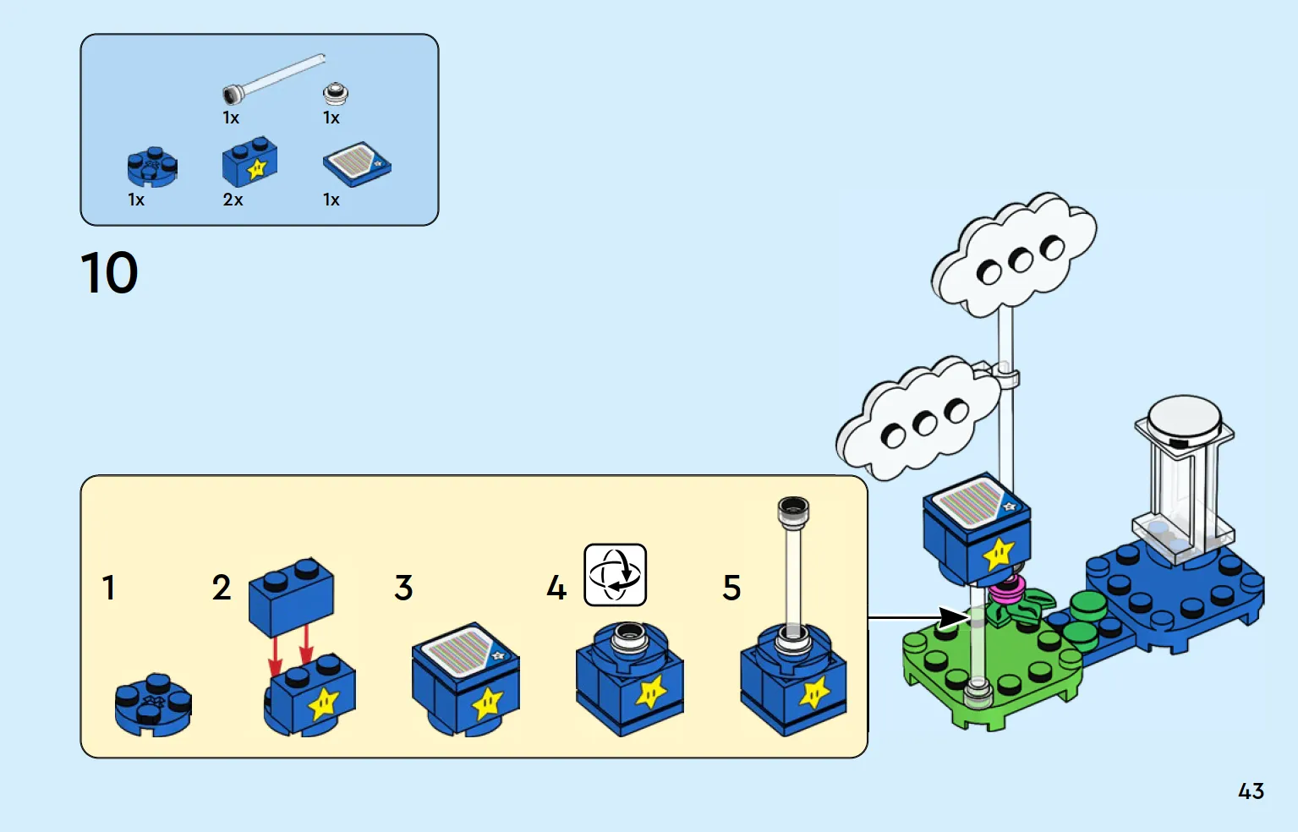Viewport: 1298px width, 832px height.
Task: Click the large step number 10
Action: (109, 272)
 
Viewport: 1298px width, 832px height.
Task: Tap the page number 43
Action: (1251, 791)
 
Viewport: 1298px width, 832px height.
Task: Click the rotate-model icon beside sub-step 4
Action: (615, 575)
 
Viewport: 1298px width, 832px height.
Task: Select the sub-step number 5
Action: (731, 588)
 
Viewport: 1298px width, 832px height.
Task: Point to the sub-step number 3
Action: (403, 588)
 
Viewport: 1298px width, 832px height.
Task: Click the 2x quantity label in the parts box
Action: (233, 200)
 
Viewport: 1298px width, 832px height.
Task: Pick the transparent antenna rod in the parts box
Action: (273, 79)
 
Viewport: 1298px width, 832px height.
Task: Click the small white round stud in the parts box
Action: (335, 93)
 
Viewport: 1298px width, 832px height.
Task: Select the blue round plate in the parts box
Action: (152, 167)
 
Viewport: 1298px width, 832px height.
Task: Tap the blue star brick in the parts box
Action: (249, 161)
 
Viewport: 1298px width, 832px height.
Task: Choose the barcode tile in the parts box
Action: (357, 164)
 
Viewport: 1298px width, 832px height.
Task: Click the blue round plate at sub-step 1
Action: (153, 704)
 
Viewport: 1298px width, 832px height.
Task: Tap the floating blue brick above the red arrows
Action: (291, 597)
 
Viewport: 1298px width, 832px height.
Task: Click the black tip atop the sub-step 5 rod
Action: (793, 509)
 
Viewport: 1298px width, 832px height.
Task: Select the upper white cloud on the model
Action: (1014, 255)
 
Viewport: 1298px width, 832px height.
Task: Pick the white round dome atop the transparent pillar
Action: (1185, 420)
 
